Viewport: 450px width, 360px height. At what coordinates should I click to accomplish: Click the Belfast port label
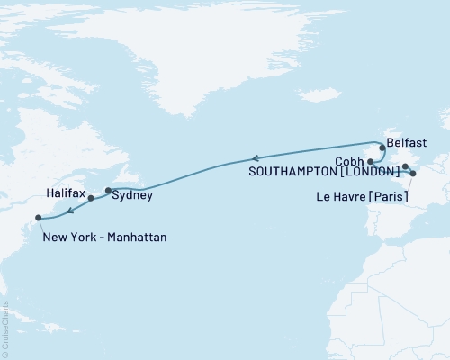(409, 142)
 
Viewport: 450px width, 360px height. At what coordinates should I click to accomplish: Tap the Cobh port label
(349, 160)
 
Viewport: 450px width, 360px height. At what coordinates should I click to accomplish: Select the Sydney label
(133, 194)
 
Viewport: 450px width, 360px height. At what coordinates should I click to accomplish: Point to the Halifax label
(65, 193)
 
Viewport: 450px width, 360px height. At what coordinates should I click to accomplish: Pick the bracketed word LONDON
(370, 171)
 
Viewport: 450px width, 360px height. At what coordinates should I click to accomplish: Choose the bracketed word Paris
(393, 195)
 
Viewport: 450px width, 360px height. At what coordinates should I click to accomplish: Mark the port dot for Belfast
(382, 147)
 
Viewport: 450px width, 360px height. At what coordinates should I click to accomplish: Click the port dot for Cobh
(371, 161)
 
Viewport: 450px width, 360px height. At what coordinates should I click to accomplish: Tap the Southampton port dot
(405, 166)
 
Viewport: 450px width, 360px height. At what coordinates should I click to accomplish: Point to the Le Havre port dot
(412, 173)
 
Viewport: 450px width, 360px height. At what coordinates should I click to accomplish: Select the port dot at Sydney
(108, 190)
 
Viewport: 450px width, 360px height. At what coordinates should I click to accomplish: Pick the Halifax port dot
(91, 198)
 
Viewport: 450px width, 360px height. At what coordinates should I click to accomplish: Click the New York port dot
(38, 217)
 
